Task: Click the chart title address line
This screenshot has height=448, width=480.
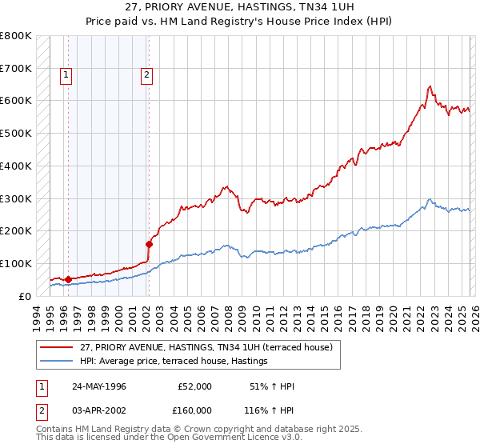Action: (x=240, y=7)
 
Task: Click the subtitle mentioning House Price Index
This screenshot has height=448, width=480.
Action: (x=240, y=21)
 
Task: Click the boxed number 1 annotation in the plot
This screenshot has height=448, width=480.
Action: (x=66, y=76)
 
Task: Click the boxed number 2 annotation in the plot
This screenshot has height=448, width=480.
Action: (x=147, y=76)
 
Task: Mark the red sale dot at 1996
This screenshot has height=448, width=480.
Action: (x=68, y=279)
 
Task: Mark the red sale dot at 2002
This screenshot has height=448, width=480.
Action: (x=149, y=244)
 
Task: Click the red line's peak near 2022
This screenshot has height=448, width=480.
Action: (x=430, y=86)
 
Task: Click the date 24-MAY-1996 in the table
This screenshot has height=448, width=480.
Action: (x=99, y=386)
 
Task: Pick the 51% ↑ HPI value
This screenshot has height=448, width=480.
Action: (x=272, y=386)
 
